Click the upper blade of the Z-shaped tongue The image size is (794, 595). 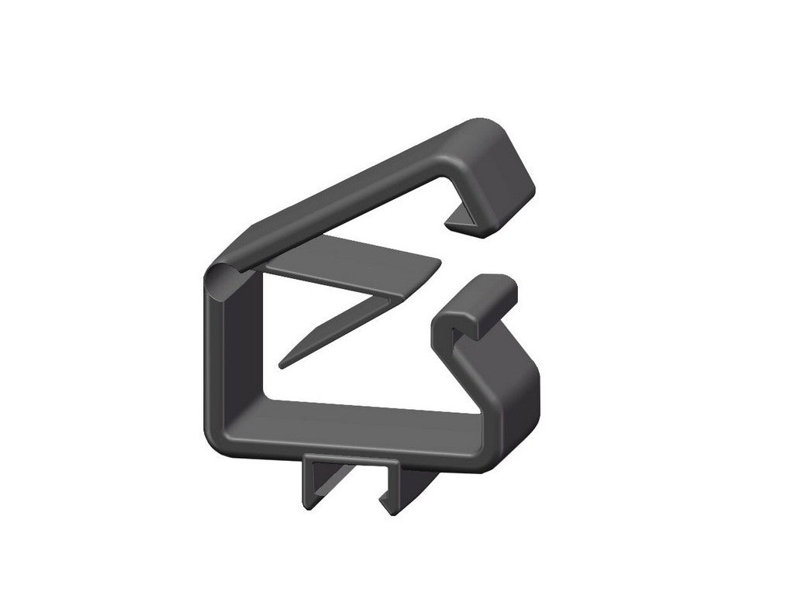click(349, 260)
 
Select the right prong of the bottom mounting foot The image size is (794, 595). click(399, 488)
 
